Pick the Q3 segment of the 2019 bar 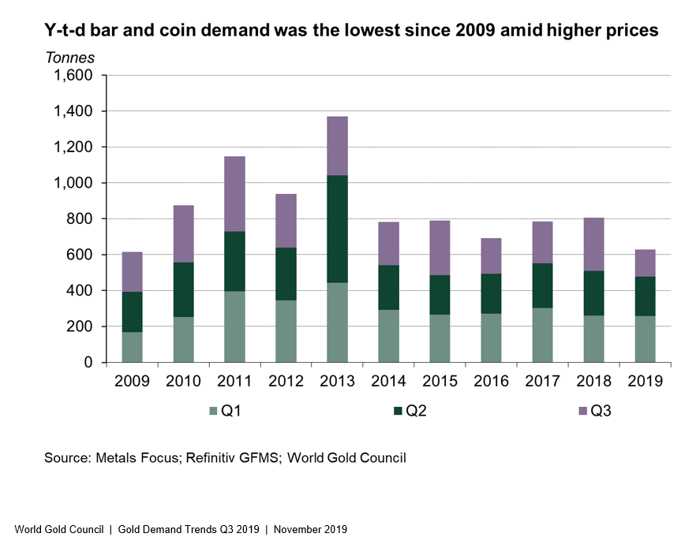(x=640, y=263)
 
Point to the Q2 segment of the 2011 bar (x=234, y=261)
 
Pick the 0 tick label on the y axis (x=89, y=363)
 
